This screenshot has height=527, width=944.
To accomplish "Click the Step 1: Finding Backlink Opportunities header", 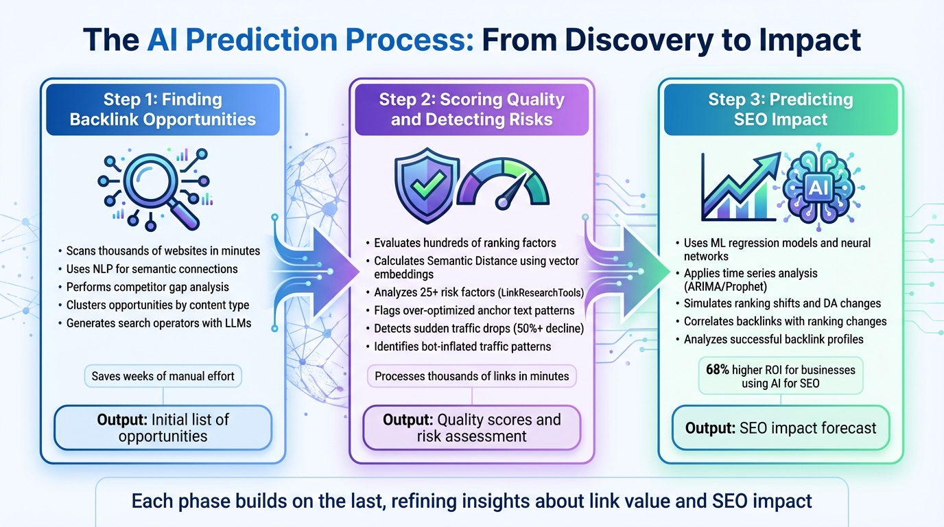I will (x=163, y=109).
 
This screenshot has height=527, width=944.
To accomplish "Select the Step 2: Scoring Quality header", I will (x=471, y=109).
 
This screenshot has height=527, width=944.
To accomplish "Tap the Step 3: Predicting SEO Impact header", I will (x=781, y=109).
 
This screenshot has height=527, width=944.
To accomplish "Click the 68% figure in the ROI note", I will (x=718, y=370).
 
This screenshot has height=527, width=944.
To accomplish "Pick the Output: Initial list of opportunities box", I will (x=163, y=427).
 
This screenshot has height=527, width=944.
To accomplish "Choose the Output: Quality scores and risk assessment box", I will (x=471, y=428).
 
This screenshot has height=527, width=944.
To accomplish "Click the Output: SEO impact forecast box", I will (x=781, y=428).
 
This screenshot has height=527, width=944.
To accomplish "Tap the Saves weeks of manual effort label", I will (x=163, y=375).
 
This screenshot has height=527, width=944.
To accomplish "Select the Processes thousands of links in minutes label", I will (x=471, y=375).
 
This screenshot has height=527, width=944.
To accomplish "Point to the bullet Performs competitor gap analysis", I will (x=147, y=287).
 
